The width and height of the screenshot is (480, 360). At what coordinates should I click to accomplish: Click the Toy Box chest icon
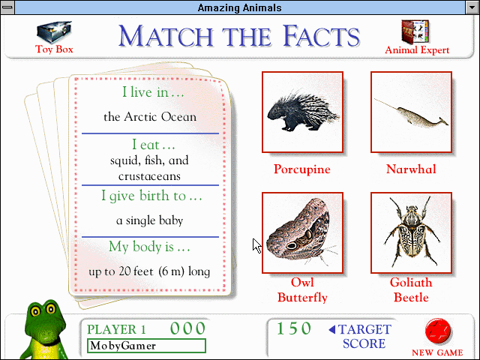(54, 32)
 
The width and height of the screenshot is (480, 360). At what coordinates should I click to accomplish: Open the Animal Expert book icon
(417, 32)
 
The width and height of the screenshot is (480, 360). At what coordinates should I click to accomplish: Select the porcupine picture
(302, 112)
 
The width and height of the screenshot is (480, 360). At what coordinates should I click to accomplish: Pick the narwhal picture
(411, 112)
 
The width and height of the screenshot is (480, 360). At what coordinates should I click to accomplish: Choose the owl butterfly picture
(302, 232)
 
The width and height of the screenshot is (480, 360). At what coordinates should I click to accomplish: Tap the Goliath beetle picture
(411, 232)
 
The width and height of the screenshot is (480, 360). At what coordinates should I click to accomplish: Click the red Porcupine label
(302, 169)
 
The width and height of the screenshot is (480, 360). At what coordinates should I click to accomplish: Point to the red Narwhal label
(411, 169)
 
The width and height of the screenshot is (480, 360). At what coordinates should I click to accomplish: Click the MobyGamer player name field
(145, 346)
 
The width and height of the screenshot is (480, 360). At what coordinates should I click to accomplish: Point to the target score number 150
(294, 328)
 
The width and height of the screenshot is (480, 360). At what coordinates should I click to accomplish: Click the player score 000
(187, 328)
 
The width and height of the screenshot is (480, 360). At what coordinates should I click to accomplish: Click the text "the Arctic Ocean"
(150, 117)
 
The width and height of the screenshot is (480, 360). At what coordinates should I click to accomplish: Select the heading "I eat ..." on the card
(153, 145)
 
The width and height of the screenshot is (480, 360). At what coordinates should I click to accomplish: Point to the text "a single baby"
(150, 220)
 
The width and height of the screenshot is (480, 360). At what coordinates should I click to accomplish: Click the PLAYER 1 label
(116, 329)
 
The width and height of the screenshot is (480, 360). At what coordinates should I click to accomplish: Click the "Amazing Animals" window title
(240, 7)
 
